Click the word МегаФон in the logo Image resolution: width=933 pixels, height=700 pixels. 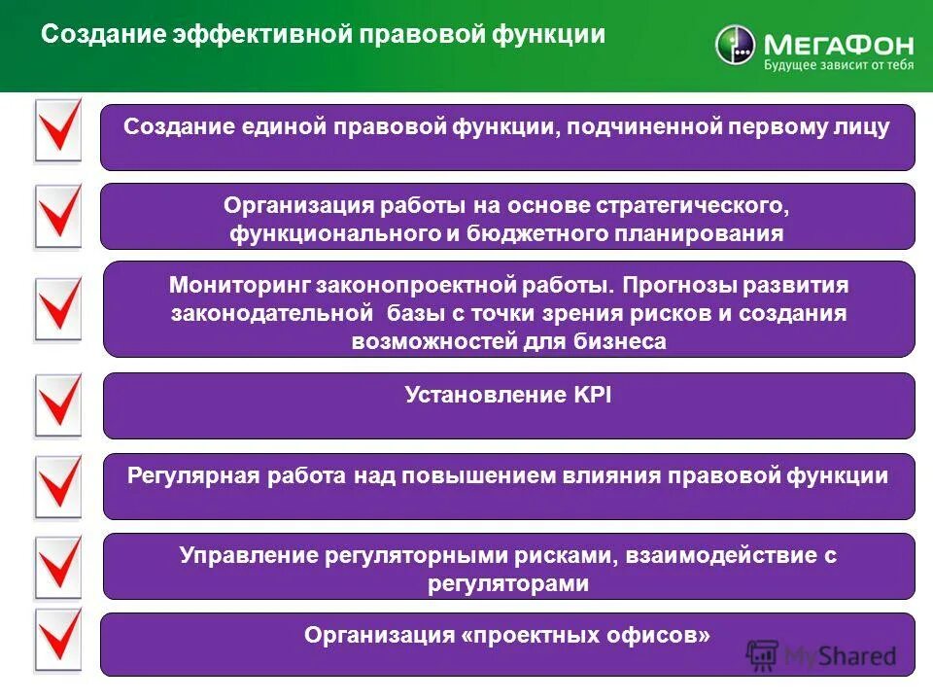(825, 44)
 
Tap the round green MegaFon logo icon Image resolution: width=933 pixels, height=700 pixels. (736, 46)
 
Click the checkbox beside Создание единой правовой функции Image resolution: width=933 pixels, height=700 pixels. (58, 130)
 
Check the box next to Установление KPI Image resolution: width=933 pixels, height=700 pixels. (58, 405)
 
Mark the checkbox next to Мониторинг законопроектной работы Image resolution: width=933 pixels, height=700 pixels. (58, 309)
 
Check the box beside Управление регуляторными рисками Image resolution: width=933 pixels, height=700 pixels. (58, 566)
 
